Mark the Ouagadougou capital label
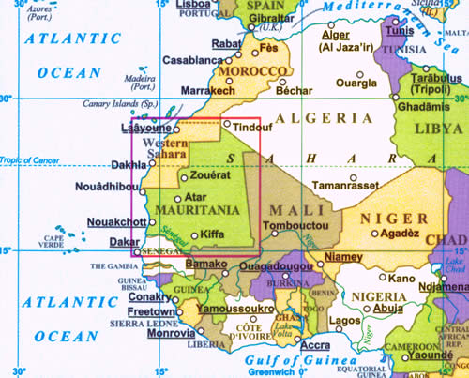point(277,266)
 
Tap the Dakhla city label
point(129,165)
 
